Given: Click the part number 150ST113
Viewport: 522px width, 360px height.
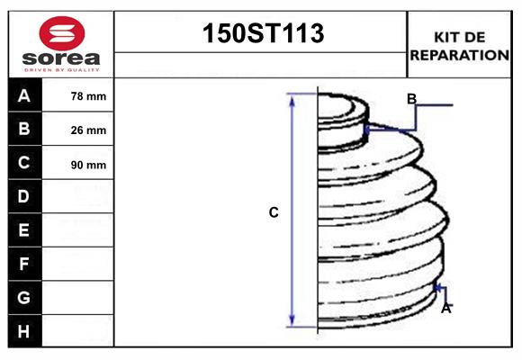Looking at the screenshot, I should coord(261,34).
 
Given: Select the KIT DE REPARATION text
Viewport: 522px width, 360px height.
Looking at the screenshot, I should coord(459,45).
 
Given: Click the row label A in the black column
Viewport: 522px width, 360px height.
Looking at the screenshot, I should coord(24,95).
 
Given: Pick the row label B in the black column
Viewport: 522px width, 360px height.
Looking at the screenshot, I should coord(24,129).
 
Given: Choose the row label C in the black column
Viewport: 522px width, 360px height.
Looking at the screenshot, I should coord(24,163).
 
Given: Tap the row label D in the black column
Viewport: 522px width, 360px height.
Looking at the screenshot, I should coord(24,196).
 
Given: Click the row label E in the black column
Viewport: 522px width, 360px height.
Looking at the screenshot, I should coord(24,230).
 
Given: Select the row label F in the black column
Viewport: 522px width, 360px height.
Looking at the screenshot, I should coord(24,264).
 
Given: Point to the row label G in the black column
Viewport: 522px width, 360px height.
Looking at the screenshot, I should coord(24,297).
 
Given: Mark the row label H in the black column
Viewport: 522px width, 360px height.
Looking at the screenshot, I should coord(24,331).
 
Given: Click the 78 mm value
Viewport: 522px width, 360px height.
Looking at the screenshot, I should coord(88,96).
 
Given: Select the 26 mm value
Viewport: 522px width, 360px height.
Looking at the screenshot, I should coord(88,130).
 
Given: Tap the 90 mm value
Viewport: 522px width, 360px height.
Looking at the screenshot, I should coord(88,165).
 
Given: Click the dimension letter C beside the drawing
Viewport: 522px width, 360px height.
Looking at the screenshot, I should coord(274,212).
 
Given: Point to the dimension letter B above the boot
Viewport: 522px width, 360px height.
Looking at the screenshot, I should coord(411,99).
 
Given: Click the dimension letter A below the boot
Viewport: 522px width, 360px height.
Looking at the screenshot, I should coord(445,308).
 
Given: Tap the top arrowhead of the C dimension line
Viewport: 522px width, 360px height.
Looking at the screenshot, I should coord(292,97).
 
